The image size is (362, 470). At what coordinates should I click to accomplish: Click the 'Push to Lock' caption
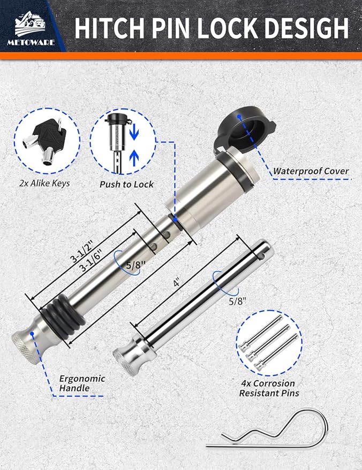click(126, 184)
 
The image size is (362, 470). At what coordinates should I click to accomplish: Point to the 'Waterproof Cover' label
click(311, 172)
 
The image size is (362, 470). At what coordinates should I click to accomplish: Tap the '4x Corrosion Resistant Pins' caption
click(267, 389)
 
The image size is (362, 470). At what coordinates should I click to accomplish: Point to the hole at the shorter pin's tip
click(262, 256)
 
